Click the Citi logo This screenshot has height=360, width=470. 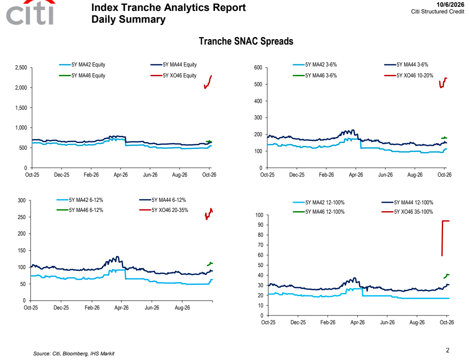[x=30, y=13]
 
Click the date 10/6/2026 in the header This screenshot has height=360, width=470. [x=450, y=5]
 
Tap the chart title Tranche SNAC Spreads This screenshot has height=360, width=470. [x=246, y=41]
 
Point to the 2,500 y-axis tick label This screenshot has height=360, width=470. [x=21, y=67]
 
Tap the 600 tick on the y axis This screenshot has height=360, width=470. [x=258, y=67]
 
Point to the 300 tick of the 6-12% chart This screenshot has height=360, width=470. [x=21, y=200]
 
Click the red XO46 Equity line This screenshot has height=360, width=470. [x=208, y=82]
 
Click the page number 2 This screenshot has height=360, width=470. [x=448, y=350]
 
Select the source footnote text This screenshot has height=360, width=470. [x=74, y=354]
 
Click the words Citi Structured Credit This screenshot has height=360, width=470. [x=438, y=12]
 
